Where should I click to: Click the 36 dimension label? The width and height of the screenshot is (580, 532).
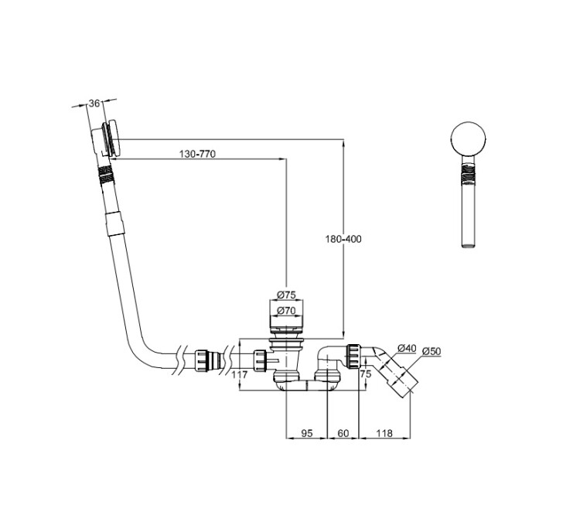click(x=94, y=103)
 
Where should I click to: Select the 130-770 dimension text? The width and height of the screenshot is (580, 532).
click(x=197, y=154)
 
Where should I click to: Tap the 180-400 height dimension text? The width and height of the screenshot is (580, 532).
click(x=343, y=239)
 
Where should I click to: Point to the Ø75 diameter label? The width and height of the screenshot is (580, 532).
click(x=286, y=295)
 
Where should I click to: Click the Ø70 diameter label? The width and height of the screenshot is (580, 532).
click(x=286, y=311)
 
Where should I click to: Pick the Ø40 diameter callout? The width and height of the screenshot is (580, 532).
click(x=407, y=348)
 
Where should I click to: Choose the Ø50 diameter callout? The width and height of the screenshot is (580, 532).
click(x=432, y=351)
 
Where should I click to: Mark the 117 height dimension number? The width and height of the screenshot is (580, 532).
click(x=239, y=375)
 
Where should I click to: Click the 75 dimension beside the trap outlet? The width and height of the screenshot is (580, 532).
click(x=366, y=373)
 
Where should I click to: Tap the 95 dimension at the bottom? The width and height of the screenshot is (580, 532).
click(x=307, y=433)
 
